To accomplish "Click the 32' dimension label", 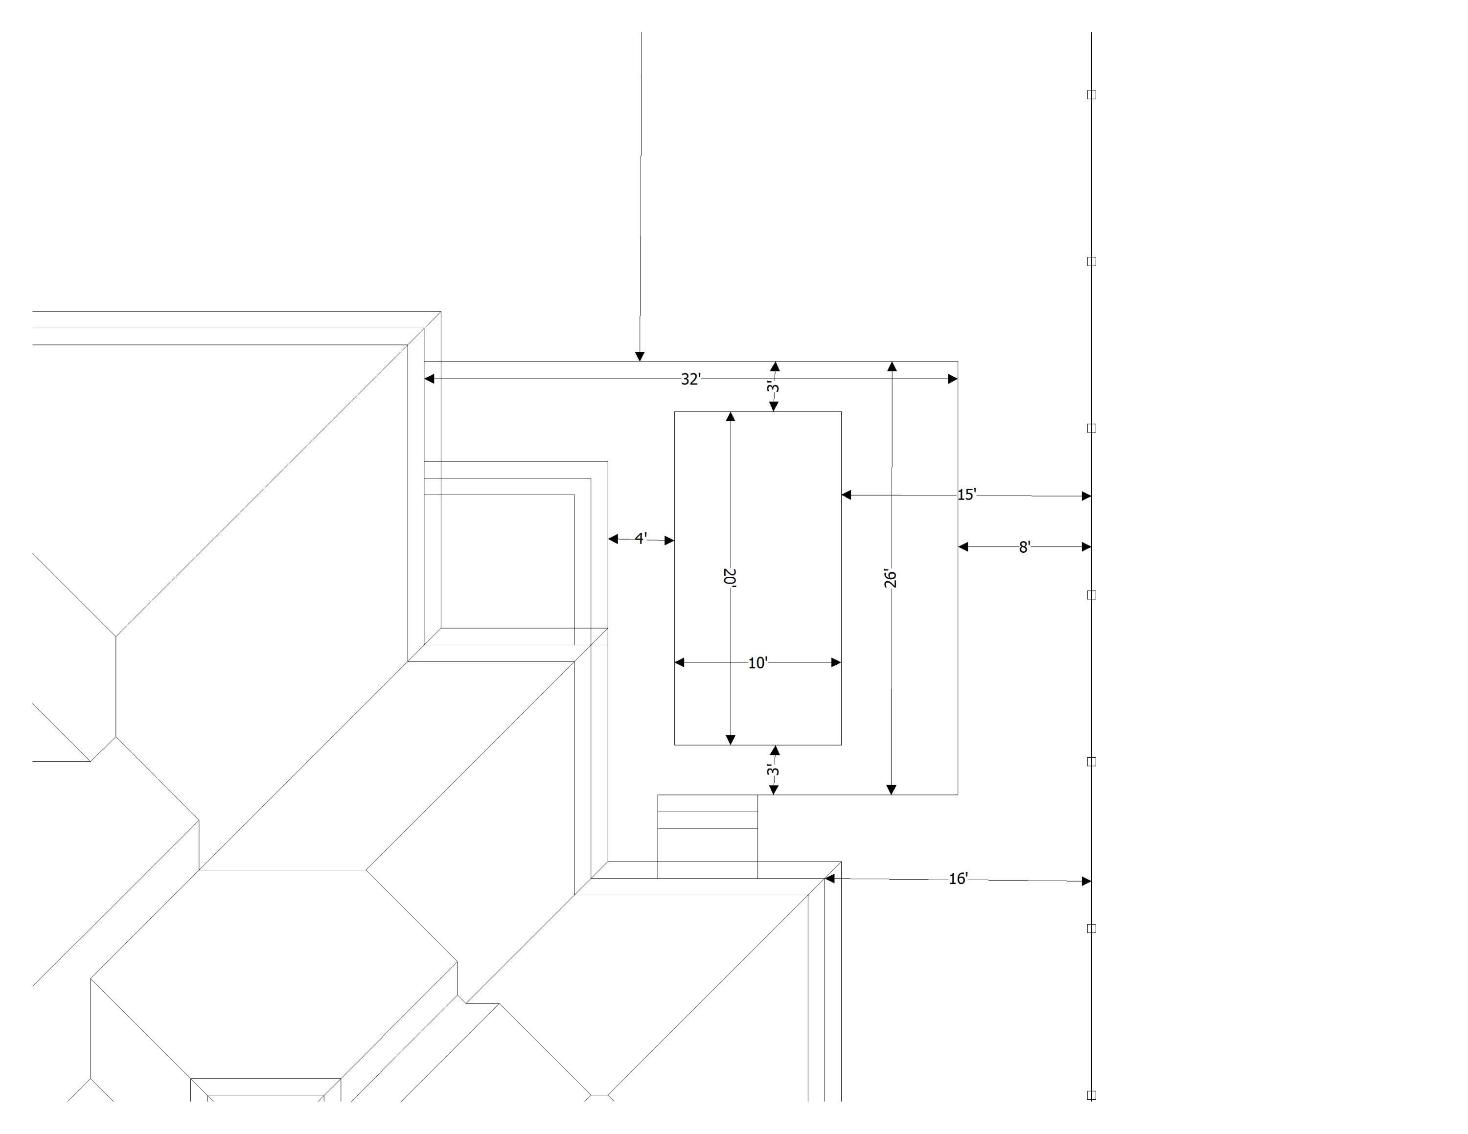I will [x=690, y=380].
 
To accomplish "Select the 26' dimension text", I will [x=891, y=578].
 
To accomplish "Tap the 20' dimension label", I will [x=730, y=578].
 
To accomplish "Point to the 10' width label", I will [x=757, y=663].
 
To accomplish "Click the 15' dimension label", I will [x=966, y=495].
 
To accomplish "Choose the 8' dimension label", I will [x=1024, y=547].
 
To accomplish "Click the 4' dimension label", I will [x=641, y=539].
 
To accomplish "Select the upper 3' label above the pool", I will [x=774, y=387].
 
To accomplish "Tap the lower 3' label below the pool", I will [x=774, y=770].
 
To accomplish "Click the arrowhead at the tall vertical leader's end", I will [x=640, y=356].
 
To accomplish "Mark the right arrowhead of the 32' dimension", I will [x=952, y=379].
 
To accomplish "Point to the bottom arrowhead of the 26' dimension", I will [x=891, y=790].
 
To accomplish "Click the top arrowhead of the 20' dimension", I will [x=731, y=416].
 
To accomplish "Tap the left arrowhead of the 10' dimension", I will [x=680, y=662].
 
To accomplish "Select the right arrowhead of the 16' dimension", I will [x=1086, y=881].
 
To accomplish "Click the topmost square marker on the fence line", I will [x=1092, y=95].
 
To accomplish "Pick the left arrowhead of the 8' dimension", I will [x=963, y=547].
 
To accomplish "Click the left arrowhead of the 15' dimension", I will [x=846, y=495].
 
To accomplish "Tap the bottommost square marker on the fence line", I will [x=1092, y=1094].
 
